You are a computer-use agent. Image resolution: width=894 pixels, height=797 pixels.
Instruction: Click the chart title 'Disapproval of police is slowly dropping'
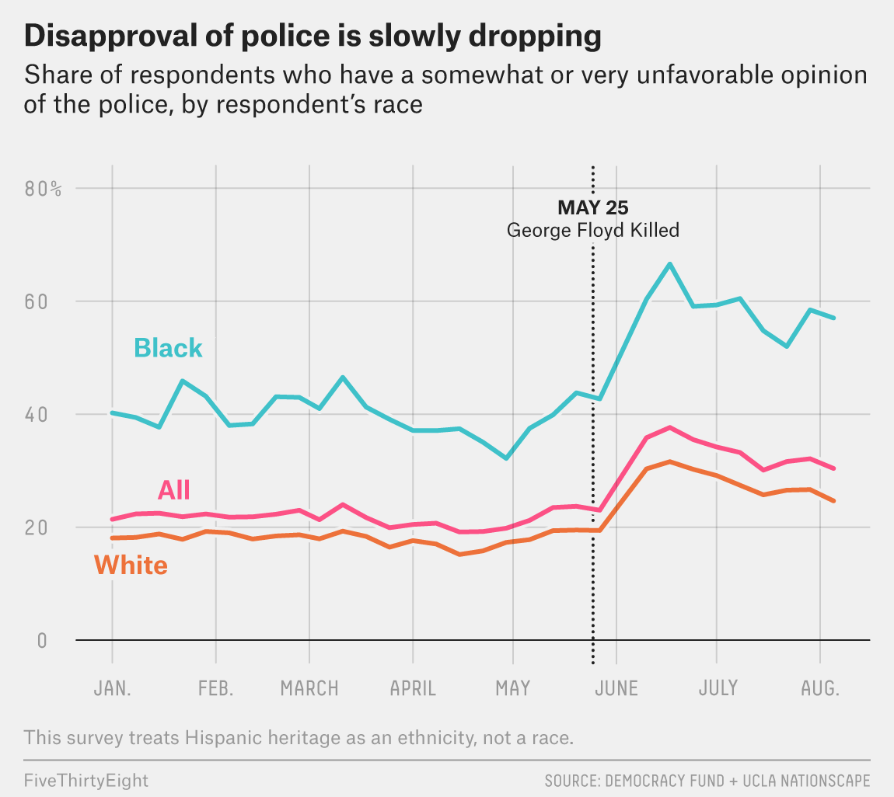(313, 37)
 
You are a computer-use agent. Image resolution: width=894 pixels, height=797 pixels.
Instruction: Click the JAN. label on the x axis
(112, 688)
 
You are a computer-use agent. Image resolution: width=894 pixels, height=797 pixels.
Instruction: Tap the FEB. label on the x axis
(215, 688)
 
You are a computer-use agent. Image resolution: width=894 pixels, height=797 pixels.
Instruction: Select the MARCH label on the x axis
(309, 688)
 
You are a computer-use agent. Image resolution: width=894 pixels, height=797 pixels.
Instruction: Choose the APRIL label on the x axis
(413, 688)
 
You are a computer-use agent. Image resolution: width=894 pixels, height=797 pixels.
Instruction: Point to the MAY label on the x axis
(512, 688)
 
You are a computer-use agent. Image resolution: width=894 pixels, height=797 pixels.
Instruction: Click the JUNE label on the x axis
(616, 688)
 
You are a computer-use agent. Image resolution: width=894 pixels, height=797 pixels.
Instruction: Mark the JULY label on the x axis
(718, 688)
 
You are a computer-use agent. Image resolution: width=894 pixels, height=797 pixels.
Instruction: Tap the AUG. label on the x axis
(821, 688)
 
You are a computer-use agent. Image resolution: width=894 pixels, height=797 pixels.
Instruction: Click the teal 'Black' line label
(168, 348)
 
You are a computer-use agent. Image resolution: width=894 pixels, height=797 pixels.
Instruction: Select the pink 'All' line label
(174, 490)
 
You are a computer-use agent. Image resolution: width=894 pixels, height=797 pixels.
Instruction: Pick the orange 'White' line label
(131, 565)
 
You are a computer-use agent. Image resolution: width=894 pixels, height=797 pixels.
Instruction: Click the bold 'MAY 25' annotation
(592, 207)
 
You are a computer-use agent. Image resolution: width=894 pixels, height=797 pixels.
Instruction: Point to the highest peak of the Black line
(669, 264)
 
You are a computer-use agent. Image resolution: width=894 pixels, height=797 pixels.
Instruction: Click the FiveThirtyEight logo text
(86, 779)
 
